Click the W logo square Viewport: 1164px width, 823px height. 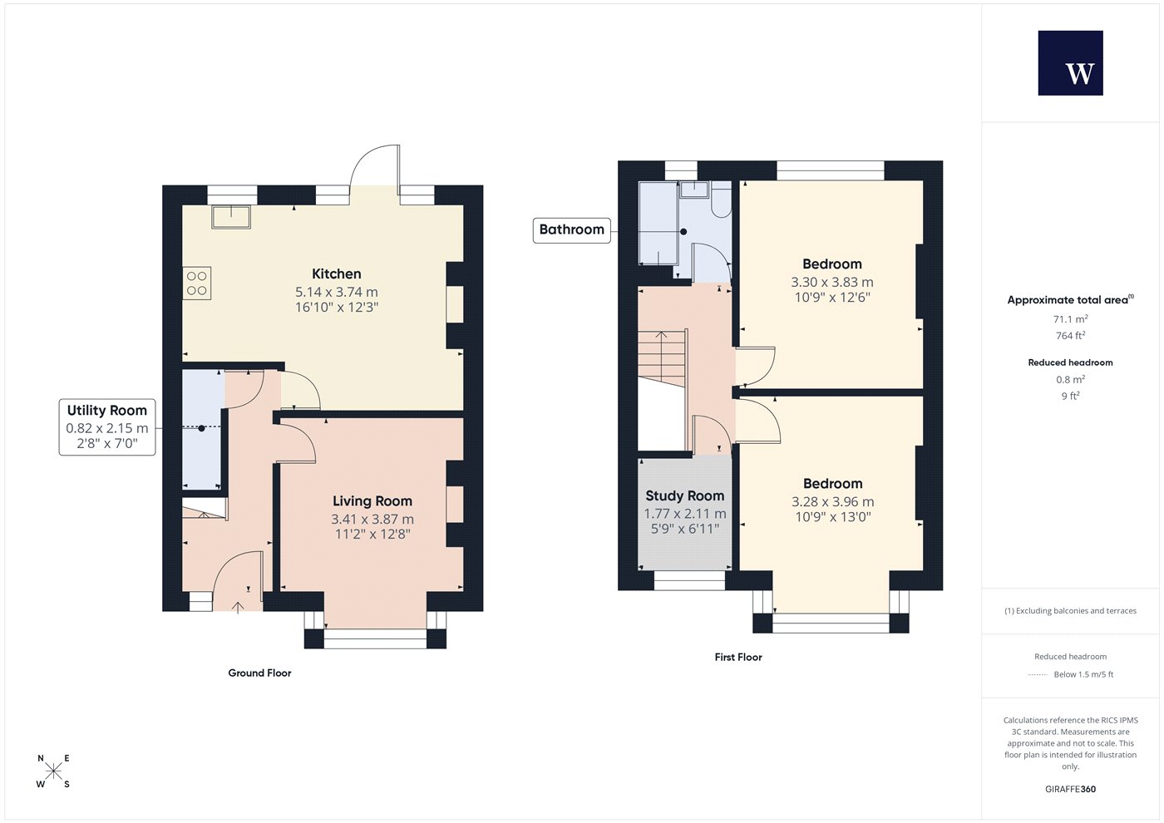coord(1071,63)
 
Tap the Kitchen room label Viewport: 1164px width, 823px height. coord(336,274)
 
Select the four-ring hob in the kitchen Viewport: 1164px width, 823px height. coord(196,283)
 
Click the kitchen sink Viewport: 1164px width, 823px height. coord(231,217)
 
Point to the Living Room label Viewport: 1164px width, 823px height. coord(372,500)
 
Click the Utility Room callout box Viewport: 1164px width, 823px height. coord(107,427)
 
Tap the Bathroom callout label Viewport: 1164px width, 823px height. coord(572,229)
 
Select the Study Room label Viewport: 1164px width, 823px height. coord(685,495)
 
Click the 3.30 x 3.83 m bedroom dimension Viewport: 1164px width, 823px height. coord(832,282)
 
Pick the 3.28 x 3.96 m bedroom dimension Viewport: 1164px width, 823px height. coord(832,502)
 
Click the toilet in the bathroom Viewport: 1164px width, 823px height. coord(721,200)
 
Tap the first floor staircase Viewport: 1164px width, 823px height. coord(662,357)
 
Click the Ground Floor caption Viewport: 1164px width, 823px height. coord(259,673)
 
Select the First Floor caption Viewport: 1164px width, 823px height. coord(738,658)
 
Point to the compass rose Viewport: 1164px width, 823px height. coord(53,771)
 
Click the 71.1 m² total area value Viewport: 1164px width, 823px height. coord(1071,319)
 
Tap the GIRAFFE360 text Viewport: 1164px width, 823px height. coord(1071,789)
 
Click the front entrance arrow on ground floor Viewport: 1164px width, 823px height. coord(238,608)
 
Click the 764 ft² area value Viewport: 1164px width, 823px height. coord(1071,336)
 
